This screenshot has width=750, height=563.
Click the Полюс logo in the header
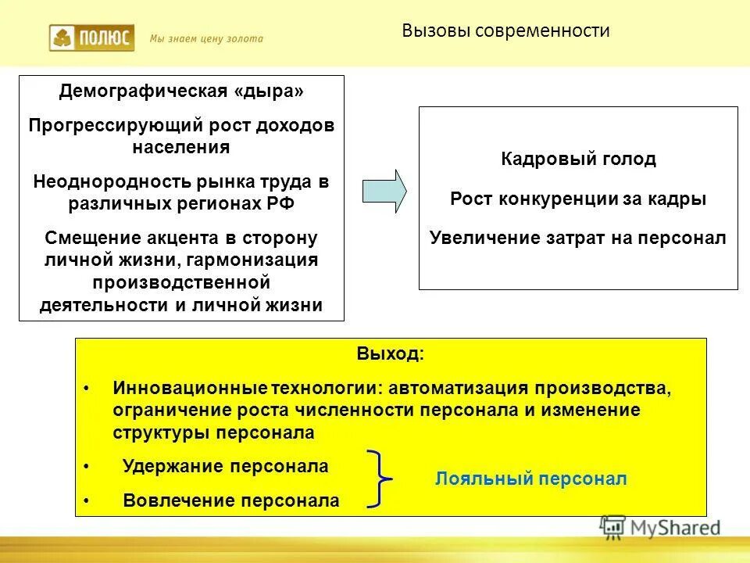91,38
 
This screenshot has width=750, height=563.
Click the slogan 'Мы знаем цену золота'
206,38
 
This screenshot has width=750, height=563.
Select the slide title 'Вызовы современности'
505,31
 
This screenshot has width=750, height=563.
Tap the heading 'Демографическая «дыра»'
181,91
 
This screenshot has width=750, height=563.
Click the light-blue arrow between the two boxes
384,191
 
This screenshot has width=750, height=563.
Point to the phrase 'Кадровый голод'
578,160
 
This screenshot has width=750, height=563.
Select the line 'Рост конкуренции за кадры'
578,199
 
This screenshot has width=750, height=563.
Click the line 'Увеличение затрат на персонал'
578,238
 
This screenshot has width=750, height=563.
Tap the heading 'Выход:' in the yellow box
391,353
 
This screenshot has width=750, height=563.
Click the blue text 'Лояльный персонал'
531,479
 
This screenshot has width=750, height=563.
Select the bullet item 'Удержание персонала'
226,467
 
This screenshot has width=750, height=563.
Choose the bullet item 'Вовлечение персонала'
231,501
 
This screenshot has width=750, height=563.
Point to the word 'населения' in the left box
181,147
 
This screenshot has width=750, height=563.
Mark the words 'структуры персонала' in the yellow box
213,432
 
